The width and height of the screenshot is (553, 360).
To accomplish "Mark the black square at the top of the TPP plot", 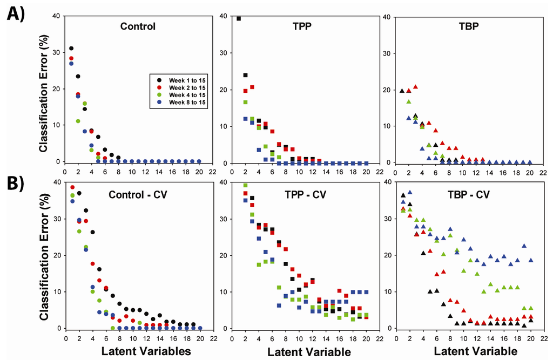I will [239, 18].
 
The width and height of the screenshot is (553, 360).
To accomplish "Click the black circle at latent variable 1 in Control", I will [71, 49].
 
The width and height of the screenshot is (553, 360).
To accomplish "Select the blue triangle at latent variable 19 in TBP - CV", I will [524, 246].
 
